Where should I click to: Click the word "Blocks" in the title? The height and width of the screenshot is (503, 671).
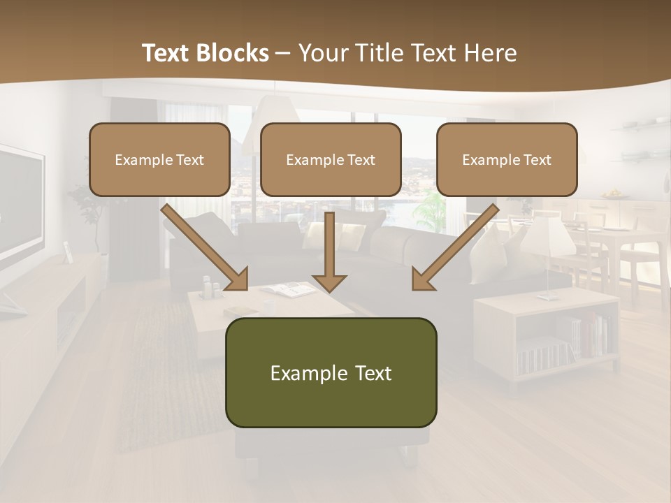pyautogui.click(x=233, y=53)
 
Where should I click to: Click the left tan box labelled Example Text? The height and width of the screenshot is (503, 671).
pyautogui.click(x=159, y=159)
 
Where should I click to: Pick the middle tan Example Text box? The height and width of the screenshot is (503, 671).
pyautogui.click(x=331, y=159)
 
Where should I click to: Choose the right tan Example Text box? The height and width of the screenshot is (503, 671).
pyautogui.click(x=507, y=159)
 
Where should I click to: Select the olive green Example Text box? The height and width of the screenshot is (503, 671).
pyautogui.click(x=331, y=372)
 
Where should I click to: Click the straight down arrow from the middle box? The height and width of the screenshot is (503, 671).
pyautogui.click(x=329, y=251)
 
